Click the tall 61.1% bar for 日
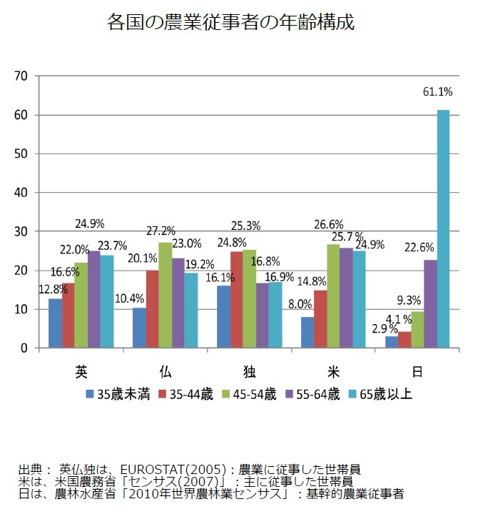click(x=443, y=228)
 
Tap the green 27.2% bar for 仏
click(x=166, y=295)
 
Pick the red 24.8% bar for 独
click(x=237, y=300)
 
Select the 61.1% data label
click(x=437, y=91)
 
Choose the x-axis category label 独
click(x=250, y=371)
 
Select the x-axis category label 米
click(x=333, y=371)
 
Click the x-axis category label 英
click(x=81, y=371)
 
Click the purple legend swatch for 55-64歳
click(x=288, y=394)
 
